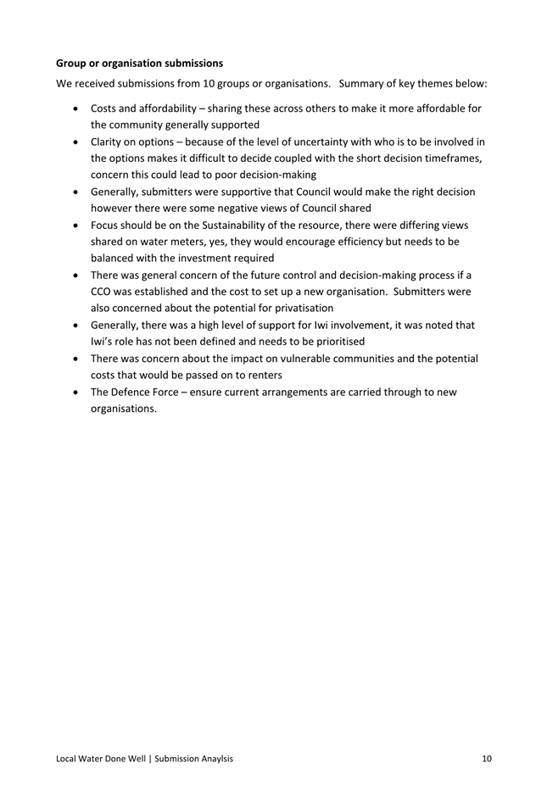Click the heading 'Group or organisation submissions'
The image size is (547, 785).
[x=139, y=63]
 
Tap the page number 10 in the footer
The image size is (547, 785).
[x=486, y=759]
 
